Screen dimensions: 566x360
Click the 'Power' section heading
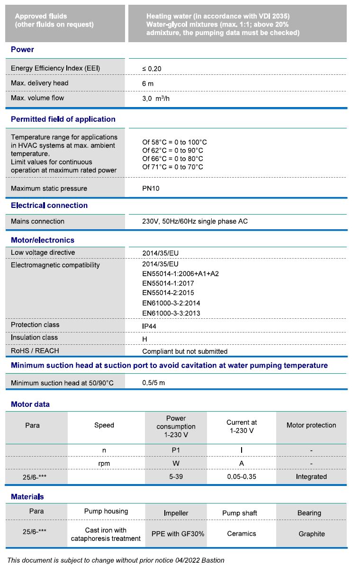point(22,49)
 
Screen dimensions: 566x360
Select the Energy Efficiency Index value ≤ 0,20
point(152,69)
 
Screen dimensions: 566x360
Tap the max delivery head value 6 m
point(148,83)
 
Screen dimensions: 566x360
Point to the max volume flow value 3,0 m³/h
point(156,99)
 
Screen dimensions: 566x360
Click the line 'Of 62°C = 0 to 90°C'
point(172,150)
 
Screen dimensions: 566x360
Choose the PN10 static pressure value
point(151,189)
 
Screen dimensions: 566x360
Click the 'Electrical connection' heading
point(49,206)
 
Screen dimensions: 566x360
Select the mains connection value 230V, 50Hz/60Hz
point(195,221)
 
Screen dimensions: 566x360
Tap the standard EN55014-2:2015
point(168,293)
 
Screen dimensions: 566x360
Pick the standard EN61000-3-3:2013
point(171,313)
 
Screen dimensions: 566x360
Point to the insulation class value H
point(144,339)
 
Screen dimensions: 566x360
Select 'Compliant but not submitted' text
point(185,351)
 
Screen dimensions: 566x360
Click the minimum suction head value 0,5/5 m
point(153,383)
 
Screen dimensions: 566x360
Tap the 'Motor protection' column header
point(311,425)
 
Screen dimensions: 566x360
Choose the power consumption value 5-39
point(176,476)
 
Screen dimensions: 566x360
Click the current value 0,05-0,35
point(241,476)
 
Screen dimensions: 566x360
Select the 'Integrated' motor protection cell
point(311,476)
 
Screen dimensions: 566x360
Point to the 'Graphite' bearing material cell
point(311,534)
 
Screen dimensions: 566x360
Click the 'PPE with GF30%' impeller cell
point(178,534)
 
